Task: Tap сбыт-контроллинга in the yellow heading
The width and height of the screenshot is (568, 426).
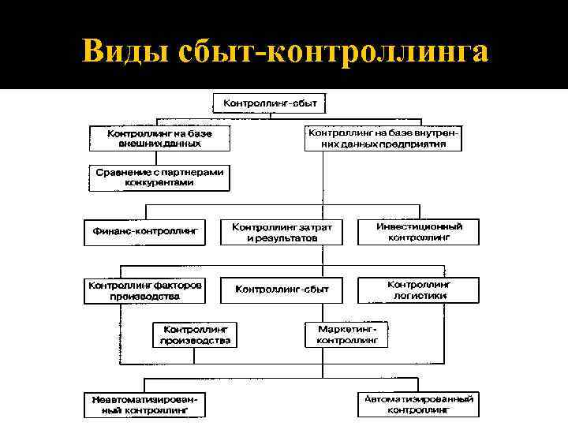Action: [338, 51]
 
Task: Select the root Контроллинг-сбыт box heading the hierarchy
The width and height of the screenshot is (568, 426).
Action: [270, 103]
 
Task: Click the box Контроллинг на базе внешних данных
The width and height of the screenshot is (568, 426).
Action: [160, 139]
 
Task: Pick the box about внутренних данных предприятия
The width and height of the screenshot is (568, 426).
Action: [383, 139]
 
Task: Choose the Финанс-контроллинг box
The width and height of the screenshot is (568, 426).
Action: [144, 231]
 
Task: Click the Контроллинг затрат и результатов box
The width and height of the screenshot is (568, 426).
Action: [282, 231]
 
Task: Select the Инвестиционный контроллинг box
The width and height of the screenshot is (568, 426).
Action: [419, 231]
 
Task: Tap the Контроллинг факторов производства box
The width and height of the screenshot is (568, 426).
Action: [144, 290]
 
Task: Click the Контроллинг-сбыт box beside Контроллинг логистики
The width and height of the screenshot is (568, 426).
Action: [282, 290]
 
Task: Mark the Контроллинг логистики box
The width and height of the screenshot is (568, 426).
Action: [419, 290]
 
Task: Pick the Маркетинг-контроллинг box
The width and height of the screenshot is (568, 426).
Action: [347, 334]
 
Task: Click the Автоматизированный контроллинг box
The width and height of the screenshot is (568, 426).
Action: [419, 405]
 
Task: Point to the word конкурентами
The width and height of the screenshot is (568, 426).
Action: [159, 182]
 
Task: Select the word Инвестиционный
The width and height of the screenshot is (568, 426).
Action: [419, 226]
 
